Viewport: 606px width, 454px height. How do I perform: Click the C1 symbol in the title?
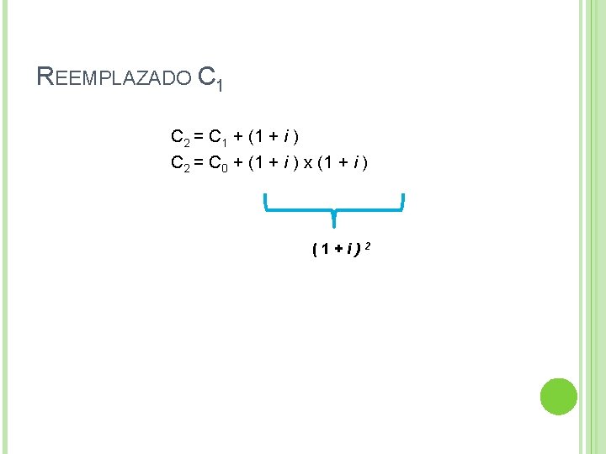coord(210,78)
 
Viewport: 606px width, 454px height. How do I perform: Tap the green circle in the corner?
coord(558,397)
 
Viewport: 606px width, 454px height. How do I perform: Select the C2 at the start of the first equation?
coord(180,137)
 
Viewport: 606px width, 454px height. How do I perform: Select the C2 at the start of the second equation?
coord(180,163)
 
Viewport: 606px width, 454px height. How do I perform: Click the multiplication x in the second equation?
coord(309,163)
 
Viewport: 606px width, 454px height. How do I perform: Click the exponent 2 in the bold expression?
coord(369,245)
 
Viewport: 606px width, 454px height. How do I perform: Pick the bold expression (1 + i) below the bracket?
coord(337,249)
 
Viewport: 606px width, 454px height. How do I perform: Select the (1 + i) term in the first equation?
coord(276,136)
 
